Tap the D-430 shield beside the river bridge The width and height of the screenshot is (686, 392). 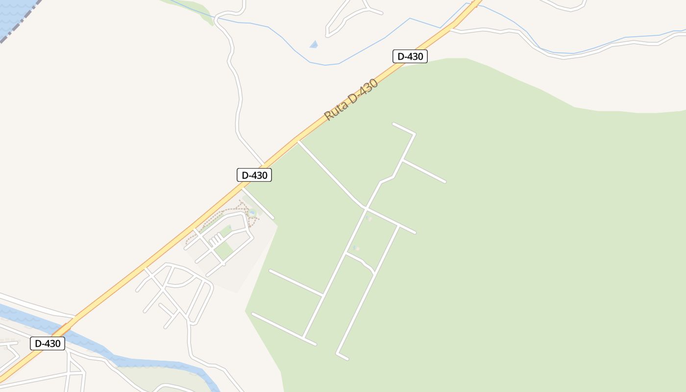[x=48, y=343]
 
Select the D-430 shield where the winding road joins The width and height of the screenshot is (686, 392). [x=254, y=175]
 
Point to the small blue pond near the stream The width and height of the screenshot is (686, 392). [x=314, y=45]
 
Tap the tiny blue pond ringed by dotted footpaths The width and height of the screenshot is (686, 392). [x=252, y=213]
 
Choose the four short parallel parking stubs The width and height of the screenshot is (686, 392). [x=216, y=240]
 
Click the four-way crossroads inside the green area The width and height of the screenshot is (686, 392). [x=366, y=209]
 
